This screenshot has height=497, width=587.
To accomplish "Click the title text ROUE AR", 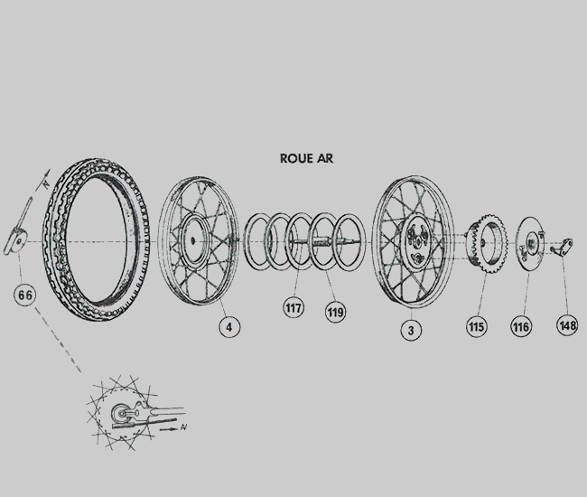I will tap(307, 157).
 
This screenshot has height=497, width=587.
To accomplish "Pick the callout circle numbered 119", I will tap(335, 314).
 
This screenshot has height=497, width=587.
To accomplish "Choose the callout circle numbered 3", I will tap(411, 331).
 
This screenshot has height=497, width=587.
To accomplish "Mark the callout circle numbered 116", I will tap(521, 327).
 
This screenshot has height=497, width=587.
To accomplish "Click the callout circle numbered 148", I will tap(567, 324).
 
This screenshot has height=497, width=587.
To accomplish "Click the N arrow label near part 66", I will tap(42, 180).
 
